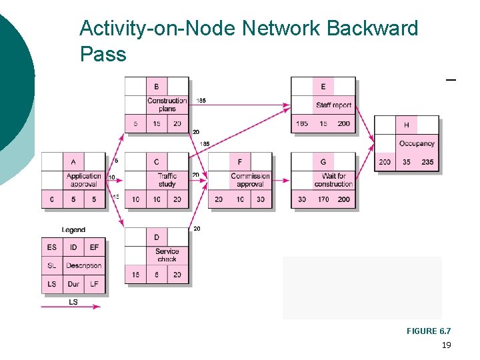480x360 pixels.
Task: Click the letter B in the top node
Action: (157, 87)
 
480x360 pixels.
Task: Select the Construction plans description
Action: (167, 105)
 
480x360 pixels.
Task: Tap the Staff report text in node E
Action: (333, 105)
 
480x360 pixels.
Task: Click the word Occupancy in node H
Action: (417, 143)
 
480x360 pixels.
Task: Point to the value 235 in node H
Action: (427, 162)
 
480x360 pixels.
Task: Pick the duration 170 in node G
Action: (323, 199)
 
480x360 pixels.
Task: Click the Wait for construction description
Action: (333, 180)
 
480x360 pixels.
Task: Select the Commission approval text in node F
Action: (250, 180)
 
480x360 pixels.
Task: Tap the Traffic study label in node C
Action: (167, 180)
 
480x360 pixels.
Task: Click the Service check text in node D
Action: (167, 255)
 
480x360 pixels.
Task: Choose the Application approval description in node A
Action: (84, 180)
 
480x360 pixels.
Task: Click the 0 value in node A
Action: (52, 199)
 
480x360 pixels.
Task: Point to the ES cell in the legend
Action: (52, 247)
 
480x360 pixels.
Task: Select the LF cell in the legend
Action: (94, 284)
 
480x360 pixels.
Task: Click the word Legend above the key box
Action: (73, 230)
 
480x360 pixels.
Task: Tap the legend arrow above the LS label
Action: (71, 306)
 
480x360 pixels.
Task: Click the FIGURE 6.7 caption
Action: (429, 331)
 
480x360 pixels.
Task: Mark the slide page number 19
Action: (446, 345)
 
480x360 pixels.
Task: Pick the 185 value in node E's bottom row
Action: (302, 124)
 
